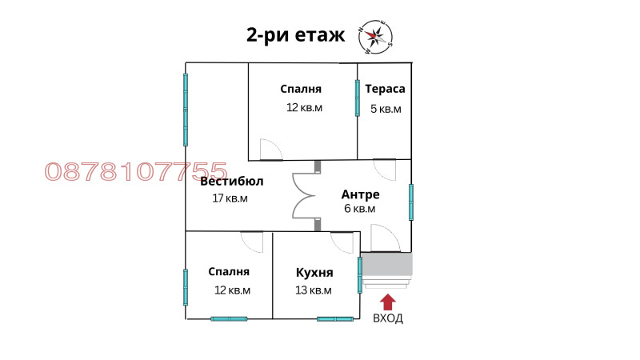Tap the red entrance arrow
[x=388, y=302]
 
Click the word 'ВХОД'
[x=388, y=318]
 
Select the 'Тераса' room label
[x=385, y=90]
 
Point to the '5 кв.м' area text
[x=385, y=109]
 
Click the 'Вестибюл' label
[x=232, y=181]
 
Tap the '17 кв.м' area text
[x=230, y=198]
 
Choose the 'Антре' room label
[x=360, y=194]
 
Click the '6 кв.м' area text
[x=359, y=209]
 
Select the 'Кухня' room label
[x=314, y=272]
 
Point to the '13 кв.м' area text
[x=314, y=290]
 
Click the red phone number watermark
[x=137, y=171]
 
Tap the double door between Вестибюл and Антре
[x=305, y=195]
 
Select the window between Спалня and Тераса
[x=358, y=98]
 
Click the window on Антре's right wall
[x=411, y=202]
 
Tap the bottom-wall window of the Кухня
[x=335, y=318]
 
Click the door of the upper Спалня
[x=270, y=151]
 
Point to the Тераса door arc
[x=385, y=168]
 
